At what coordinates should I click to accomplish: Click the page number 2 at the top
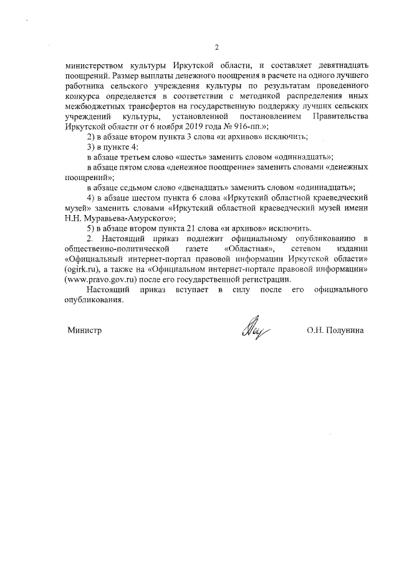click(x=216, y=47)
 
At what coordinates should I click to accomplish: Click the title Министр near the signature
click(x=84, y=329)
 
